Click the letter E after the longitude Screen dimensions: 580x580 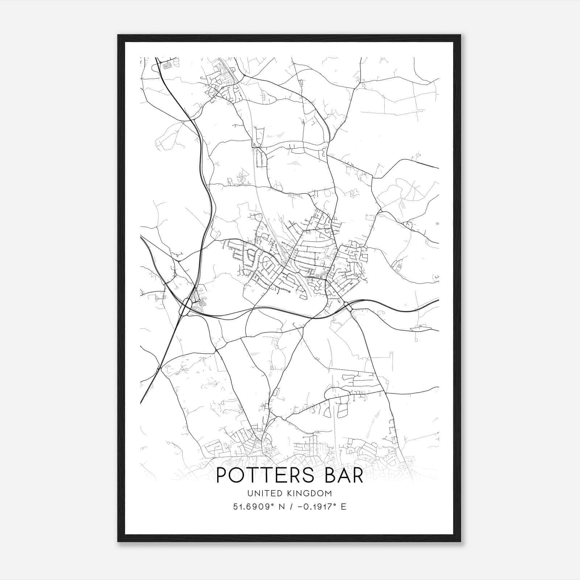pos(343,507)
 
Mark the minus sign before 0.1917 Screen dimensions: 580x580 pos(300,507)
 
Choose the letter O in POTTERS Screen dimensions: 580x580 pos(236,476)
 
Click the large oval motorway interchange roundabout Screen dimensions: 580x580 pos(186,307)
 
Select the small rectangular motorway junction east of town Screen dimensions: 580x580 pos(348,307)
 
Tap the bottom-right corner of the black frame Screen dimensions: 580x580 pos(460,541)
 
